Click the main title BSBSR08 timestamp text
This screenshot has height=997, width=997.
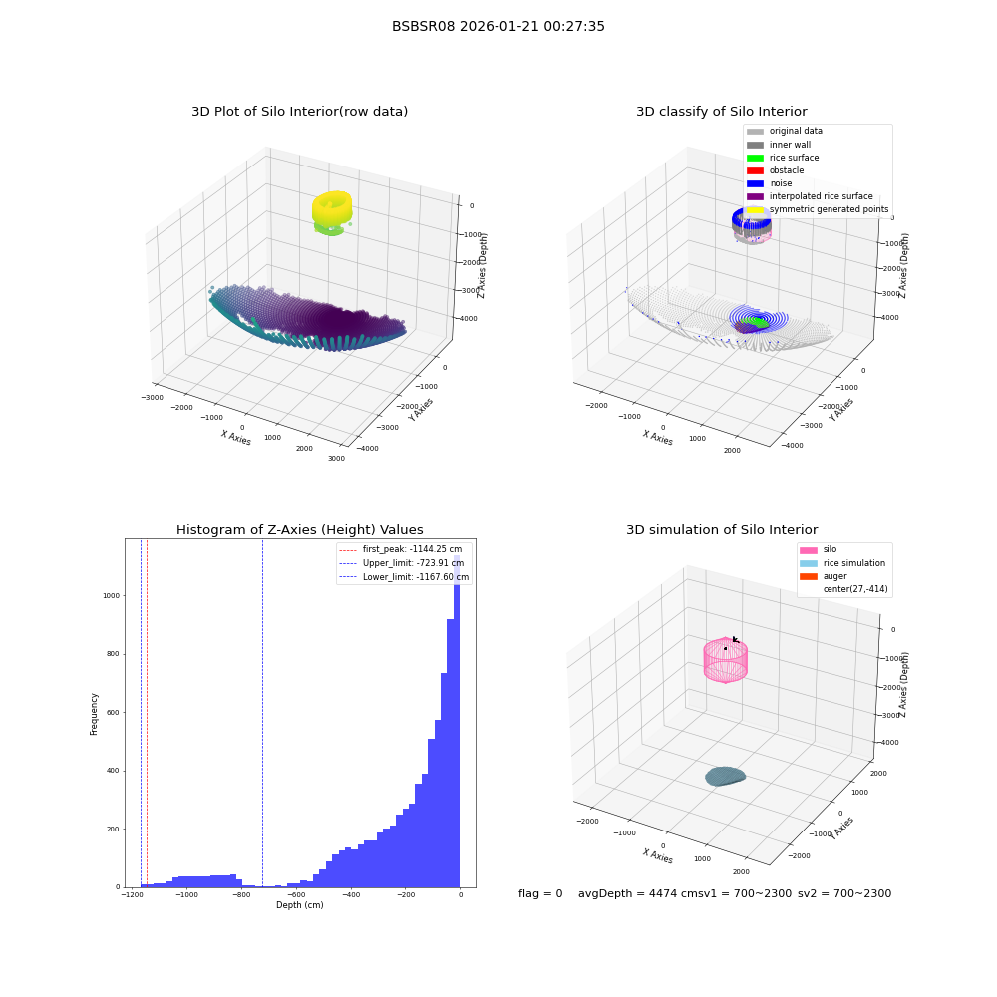tap(498, 26)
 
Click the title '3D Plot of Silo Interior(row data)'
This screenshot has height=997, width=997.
tap(299, 112)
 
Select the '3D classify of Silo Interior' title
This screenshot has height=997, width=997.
tap(722, 112)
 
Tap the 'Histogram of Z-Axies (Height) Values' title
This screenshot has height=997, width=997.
tap(299, 529)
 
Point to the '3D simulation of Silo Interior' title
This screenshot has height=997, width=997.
tap(722, 529)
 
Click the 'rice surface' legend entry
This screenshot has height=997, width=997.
tap(783, 158)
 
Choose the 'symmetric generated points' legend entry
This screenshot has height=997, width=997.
tap(818, 209)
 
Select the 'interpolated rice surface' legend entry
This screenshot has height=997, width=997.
tap(810, 196)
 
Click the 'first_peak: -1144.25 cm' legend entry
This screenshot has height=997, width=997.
tap(401, 549)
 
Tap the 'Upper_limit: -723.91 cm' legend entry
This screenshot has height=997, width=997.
tap(402, 563)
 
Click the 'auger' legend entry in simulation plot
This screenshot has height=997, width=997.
tap(824, 576)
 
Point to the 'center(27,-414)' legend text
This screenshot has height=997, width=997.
tap(855, 589)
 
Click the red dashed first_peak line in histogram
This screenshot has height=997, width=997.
tap(147, 714)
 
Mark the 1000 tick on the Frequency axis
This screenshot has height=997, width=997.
tap(112, 596)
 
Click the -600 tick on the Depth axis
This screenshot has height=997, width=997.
tap(296, 894)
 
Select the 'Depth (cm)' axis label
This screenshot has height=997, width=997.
tap(300, 905)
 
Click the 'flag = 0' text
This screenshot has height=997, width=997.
tap(540, 893)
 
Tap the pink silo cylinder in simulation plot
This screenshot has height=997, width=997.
tap(726, 660)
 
